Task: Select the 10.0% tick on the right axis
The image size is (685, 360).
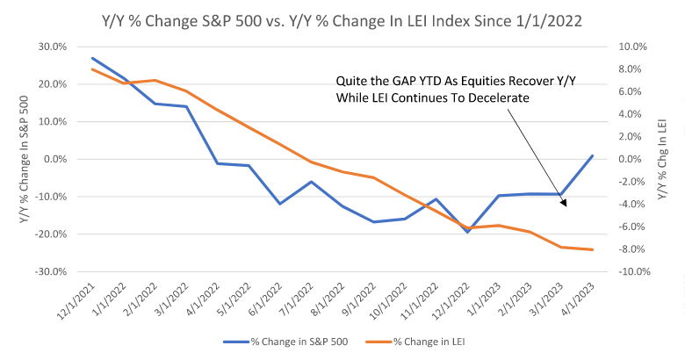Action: coord(635,47)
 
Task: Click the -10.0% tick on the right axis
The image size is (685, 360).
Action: coord(634,271)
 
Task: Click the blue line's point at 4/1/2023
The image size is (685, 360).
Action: coord(593,155)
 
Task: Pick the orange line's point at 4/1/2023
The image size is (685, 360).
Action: coord(593,249)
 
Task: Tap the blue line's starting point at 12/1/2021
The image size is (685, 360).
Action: coord(93,58)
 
